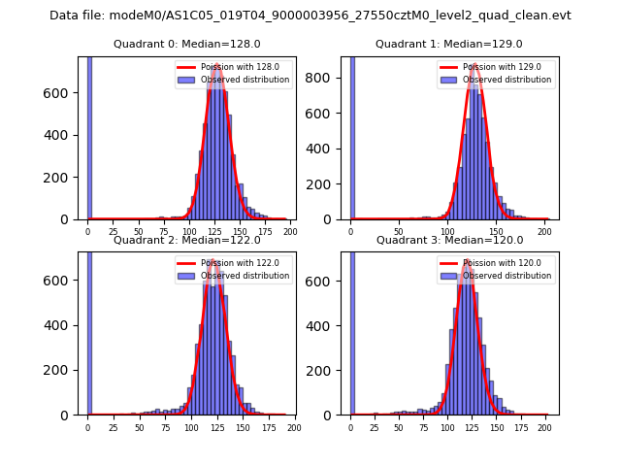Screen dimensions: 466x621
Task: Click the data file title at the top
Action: coord(310,16)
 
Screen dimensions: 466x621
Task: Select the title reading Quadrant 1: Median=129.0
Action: coord(449,44)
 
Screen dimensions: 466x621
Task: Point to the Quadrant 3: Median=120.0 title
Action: coord(449,240)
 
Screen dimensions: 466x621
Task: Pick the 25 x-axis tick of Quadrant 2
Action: coord(114,427)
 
